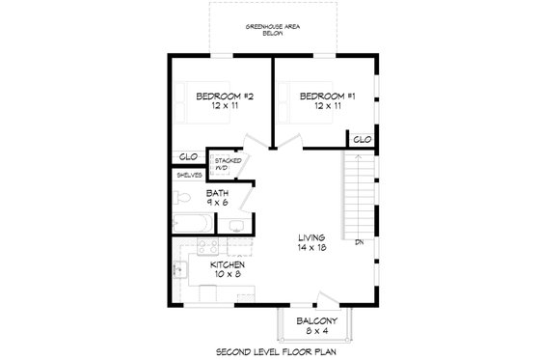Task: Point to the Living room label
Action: tap(311, 242)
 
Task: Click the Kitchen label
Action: tap(227, 269)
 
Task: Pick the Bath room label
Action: tap(217, 198)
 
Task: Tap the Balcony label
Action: tap(317, 324)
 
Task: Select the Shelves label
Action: tap(187, 176)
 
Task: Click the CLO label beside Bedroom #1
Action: tap(362, 140)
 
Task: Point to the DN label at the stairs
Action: tap(359, 240)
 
